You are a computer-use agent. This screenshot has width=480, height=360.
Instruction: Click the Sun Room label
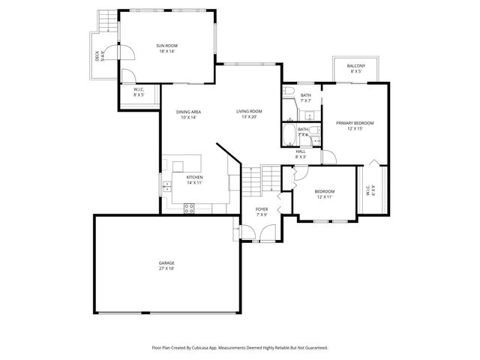(x=166, y=49)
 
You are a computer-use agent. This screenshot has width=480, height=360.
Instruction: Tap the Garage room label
(x=166, y=265)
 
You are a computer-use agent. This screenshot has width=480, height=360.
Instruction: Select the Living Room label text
(x=249, y=114)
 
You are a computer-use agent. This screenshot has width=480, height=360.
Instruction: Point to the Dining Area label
(x=188, y=115)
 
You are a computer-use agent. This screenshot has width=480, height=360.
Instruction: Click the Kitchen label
(x=194, y=180)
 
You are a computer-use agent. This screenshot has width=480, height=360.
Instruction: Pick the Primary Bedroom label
(x=355, y=125)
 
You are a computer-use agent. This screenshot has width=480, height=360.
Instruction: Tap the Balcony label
(x=355, y=69)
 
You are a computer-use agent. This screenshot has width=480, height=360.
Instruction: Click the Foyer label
(x=262, y=211)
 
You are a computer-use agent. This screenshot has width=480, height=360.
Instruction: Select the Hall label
(x=300, y=154)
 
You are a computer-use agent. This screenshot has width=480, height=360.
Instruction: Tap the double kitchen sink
(x=178, y=166)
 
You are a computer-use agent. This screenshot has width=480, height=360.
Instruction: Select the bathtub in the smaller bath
(x=289, y=136)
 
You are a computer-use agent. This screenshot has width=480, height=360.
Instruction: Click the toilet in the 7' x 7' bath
(x=288, y=91)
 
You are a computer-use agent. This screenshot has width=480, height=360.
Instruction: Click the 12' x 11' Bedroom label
(x=324, y=193)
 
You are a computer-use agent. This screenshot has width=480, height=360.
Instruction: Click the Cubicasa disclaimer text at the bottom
(x=240, y=348)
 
